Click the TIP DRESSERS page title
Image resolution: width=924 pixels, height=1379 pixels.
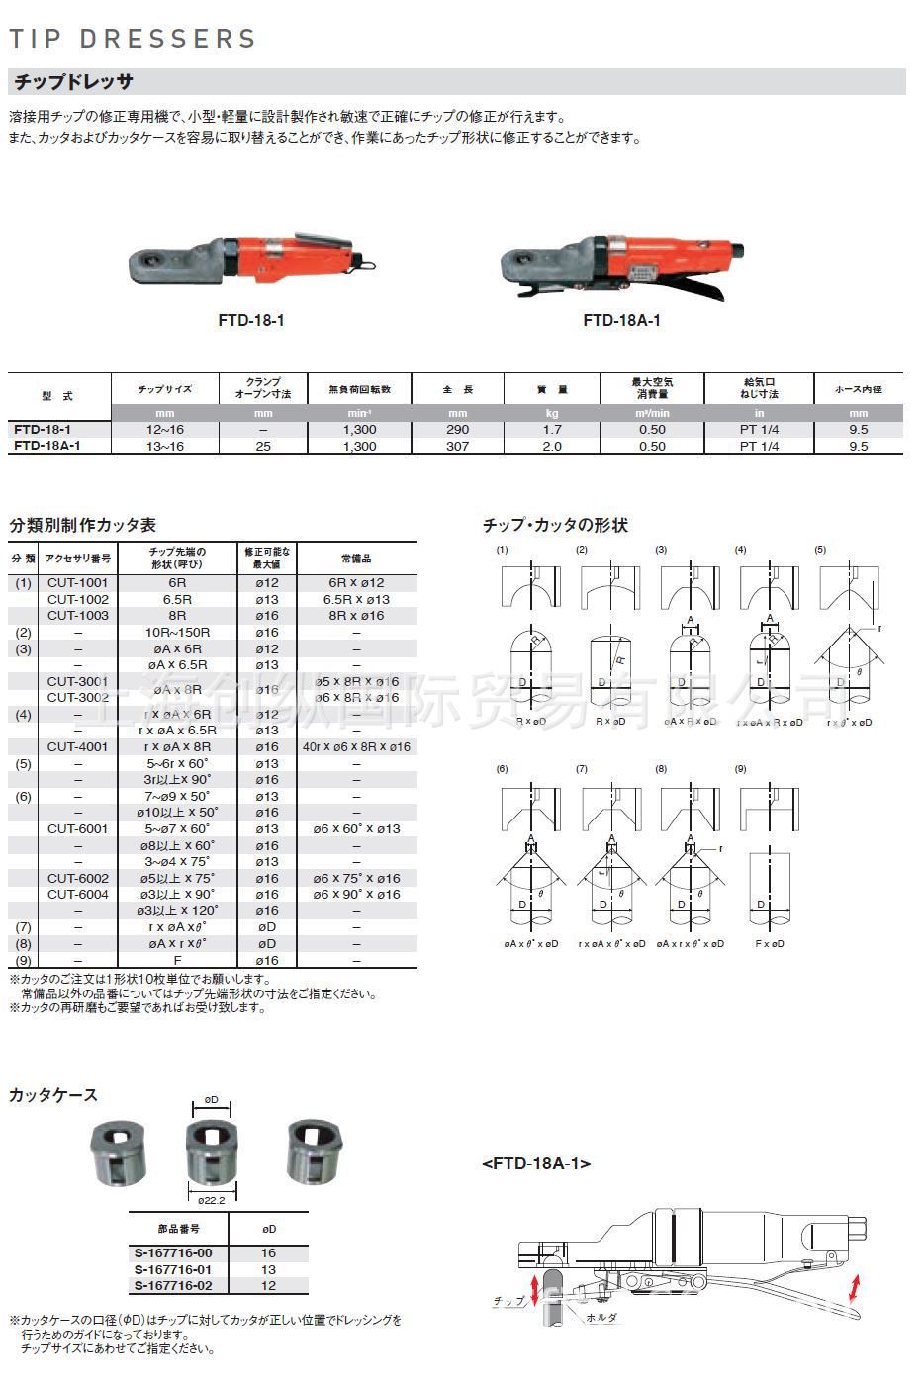click(x=133, y=40)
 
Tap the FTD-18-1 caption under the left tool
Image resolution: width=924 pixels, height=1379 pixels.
click(x=250, y=320)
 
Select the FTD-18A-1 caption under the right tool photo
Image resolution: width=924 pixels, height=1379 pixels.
click(x=621, y=320)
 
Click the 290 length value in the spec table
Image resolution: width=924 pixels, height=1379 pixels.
click(x=457, y=430)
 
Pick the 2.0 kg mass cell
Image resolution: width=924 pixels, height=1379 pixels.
click(x=552, y=446)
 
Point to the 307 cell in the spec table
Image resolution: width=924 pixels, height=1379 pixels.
click(x=457, y=446)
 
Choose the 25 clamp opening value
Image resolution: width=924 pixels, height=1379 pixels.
click(x=262, y=446)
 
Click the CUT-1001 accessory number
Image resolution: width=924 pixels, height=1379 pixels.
click(x=78, y=583)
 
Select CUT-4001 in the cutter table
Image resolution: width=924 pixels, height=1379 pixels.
click(x=78, y=746)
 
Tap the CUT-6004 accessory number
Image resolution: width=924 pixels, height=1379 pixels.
click(x=78, y=894)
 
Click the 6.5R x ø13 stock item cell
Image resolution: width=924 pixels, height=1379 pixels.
click(x=356, y=599)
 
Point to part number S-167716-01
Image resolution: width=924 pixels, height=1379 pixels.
click(x=173, y=1269)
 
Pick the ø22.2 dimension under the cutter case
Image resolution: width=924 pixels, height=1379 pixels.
click(x=211, y=1200)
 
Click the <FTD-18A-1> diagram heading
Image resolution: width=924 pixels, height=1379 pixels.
click(x=536, y=1164)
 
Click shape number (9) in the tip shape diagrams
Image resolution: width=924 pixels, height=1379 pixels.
click(x=741, y=769)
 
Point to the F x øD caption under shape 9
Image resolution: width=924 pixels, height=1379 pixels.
click(x=769, y=944)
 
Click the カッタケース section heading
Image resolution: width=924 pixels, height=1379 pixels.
click(x=53, y=1094)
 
